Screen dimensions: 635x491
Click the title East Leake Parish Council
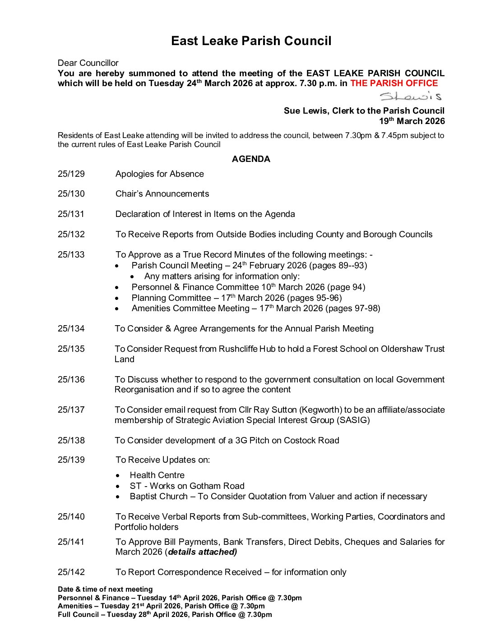coord(251,41)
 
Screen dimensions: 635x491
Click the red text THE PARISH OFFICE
coord(394,83)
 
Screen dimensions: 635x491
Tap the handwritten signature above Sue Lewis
coord(410,96)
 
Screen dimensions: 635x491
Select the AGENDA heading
coord(251,159)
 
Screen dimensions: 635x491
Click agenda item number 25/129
coord(71,174)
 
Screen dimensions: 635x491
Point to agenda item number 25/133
coord(71,255)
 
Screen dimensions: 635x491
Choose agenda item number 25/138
coord(71,441)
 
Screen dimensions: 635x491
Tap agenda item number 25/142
coord(71,572)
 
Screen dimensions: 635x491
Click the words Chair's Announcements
coord(162,194)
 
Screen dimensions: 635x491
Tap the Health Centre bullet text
coord(157,475)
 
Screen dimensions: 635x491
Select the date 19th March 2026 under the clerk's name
coord(412,121)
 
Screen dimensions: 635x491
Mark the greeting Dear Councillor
coord(88,63)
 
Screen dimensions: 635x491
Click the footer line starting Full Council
coord(165,615)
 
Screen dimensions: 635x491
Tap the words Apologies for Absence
coord(159,174)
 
